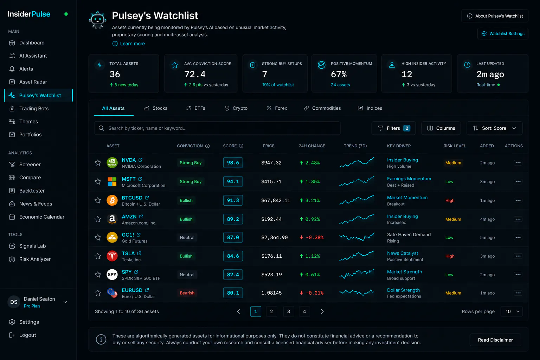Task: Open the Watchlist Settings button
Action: coord(503,33)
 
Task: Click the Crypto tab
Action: coord(236,108)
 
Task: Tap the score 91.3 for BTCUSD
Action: coord(233,200)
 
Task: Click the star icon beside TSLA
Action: coord(98,256)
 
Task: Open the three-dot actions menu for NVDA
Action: coord(518,163)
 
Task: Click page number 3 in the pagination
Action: coord(289,311)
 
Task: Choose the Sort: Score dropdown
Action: coord(494,128)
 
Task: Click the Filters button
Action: coord(393,128)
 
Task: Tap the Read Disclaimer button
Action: coord(495,340)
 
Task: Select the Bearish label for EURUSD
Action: coord(187,293)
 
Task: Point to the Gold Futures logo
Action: coord(112,238)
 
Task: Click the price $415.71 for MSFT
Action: coord(271,181)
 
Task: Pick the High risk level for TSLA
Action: coord(450,256)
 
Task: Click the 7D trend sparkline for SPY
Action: coord(357,274)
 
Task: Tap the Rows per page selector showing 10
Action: coord(512,311)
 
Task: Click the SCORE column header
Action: coord(230,146)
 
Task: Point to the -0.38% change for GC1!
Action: coord(311,238)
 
